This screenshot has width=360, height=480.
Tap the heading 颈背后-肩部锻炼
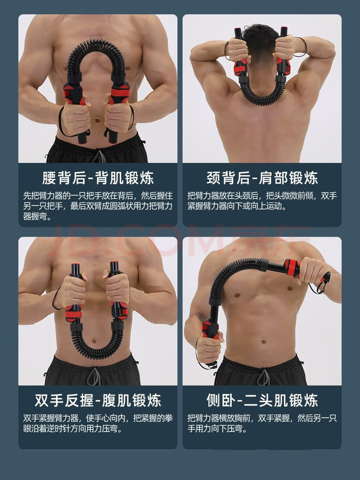tap(262, 179)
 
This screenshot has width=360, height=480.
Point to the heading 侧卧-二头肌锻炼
tap(262, 400)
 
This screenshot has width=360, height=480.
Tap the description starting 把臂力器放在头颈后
tap(262, 201)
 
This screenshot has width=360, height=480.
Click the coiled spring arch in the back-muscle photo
tap(96, 48)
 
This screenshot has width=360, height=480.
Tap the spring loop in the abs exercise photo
tap(96, 348)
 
